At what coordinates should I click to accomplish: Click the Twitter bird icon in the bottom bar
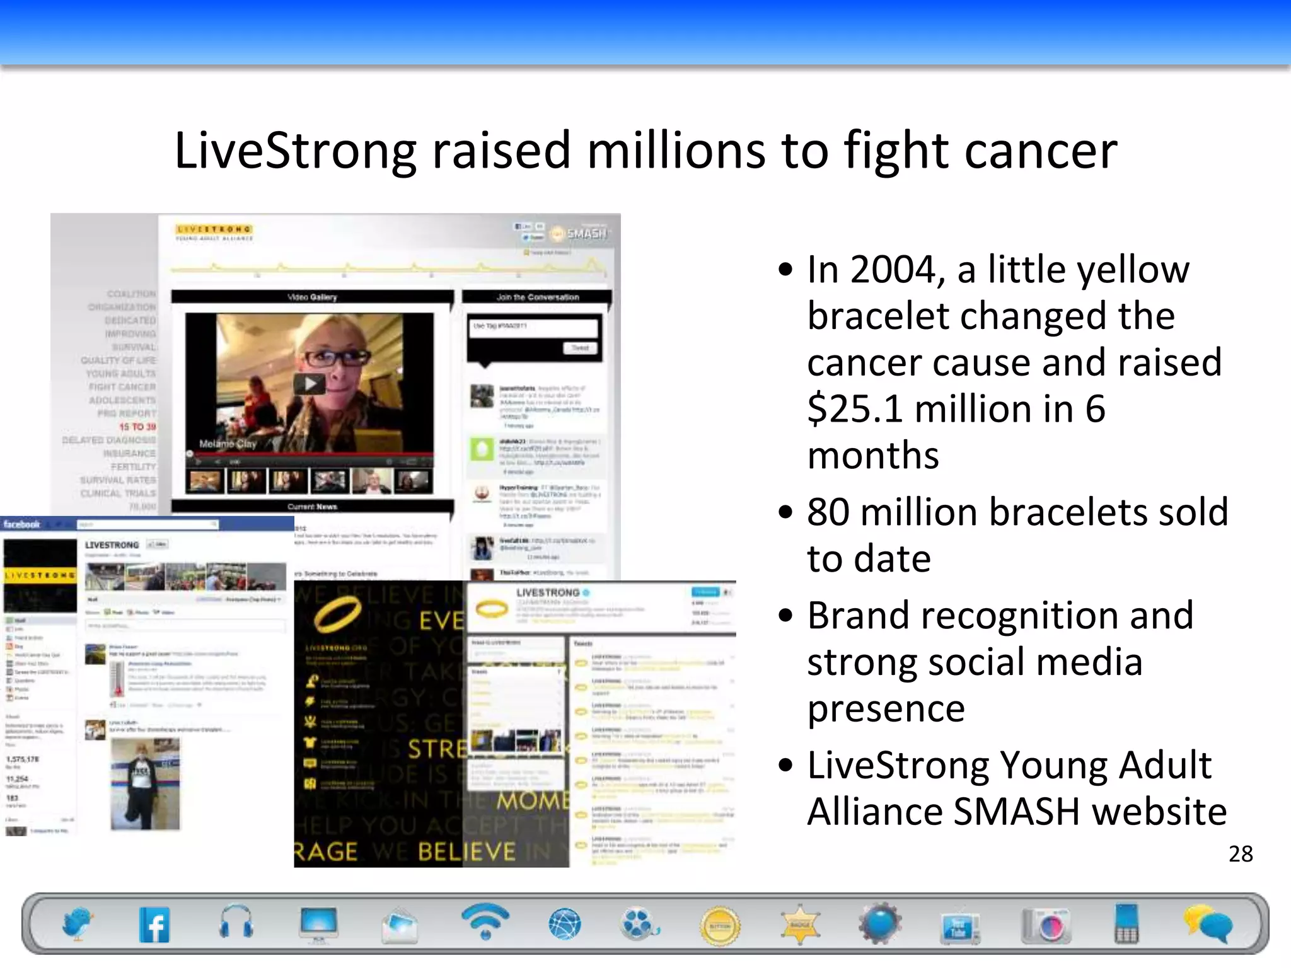[x=77, y=924]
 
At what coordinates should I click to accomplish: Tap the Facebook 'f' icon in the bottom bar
[x=154, y=925]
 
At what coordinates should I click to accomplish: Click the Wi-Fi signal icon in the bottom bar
[x=485, y=921]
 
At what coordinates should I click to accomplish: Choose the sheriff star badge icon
[x=800, y=925]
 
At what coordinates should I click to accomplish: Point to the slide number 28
[x=1241, y=854]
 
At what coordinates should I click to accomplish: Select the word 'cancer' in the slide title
[x=1041, y=151]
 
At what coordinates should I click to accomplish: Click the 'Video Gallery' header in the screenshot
[x=312, y=297]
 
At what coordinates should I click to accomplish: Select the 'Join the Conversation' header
[x=537, y=297]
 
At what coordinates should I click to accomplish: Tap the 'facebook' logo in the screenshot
[x=21, y=524]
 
